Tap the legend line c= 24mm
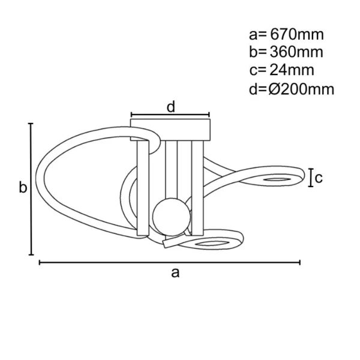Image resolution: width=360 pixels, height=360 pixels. click(x=279, y=70)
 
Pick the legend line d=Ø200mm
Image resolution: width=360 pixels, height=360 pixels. click(x=291, y=89)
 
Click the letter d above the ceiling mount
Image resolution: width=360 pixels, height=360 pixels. click(x=171, y=107)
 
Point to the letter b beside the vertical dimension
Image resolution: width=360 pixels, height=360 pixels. click(x=22, y=188)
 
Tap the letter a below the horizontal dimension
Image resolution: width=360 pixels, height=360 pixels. click(x=175, y=273)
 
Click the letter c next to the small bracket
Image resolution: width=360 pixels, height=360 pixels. click(x=319, y=178)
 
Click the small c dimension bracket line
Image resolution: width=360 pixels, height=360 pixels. click(x=310, y=178)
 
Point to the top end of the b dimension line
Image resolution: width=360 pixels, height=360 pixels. click(x=31, y=124)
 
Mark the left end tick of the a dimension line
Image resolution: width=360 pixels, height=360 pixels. click(x=40, y=262)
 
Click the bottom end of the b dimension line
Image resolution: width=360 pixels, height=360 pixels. click(x=31, y=254)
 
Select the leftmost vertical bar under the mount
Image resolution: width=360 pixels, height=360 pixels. click(x=143, y=187)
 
